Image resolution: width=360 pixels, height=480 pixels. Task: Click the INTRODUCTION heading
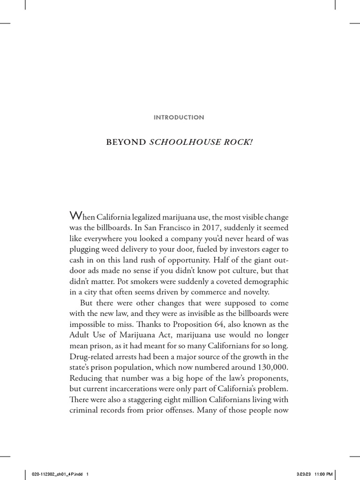pos(180,118)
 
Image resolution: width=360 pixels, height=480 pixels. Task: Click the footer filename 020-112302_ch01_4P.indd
pos(53,473)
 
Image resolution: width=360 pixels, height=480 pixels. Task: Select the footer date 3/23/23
pos(303,473)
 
